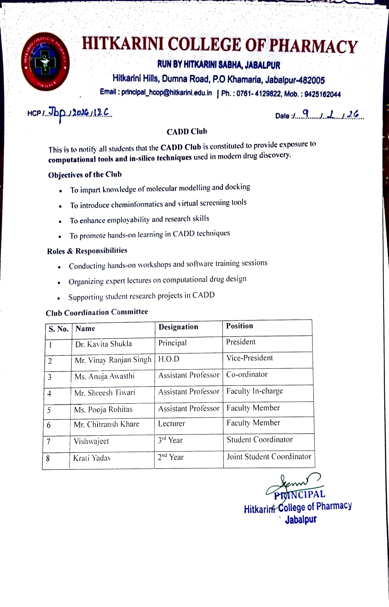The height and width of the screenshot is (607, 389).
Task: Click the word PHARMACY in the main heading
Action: pyautogui.click(x=313, y=46)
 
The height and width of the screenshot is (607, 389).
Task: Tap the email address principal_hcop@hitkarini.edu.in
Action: pyautogui.click(x=167, y=93)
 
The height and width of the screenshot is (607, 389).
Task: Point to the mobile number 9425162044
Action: pyautogui.click(x=322, y=95)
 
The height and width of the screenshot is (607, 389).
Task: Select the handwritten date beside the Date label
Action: pyautogui.click(x=329, y=115)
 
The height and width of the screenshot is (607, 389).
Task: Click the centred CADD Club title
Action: pyautogui.click(x=187, y=132)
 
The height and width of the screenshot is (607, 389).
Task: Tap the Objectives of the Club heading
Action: pyautogui.click(x=85, y=175)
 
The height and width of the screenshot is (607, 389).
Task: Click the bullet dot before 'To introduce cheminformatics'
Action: pyautogui.click(x=60, y=206)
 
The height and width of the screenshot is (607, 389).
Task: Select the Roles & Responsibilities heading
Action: pyautogui.click(x=87, y=251)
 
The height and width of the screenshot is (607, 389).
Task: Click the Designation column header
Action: pyautogui.click(x=178, y=327)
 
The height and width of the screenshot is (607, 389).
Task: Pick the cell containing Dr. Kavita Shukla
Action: pyautogui.click(x=103, y=344)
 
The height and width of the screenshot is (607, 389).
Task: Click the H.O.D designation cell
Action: pyautogui.click(x=169, y=359)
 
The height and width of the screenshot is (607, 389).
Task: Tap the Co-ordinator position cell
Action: pyautogui.click(x=247, y=375)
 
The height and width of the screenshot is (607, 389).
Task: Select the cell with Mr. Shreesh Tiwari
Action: pyautogui.click(x=105, y=393)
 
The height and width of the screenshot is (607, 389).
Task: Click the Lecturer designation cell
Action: pyautogui.click(x=172, y=424)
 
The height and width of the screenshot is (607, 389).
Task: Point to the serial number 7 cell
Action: pyautogui.click(x=49, y=441)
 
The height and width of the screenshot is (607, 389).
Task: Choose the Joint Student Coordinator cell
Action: pyautogui.click(x=269, y=457)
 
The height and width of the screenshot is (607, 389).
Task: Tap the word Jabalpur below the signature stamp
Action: pyautogui.click(x=301, y=520)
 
